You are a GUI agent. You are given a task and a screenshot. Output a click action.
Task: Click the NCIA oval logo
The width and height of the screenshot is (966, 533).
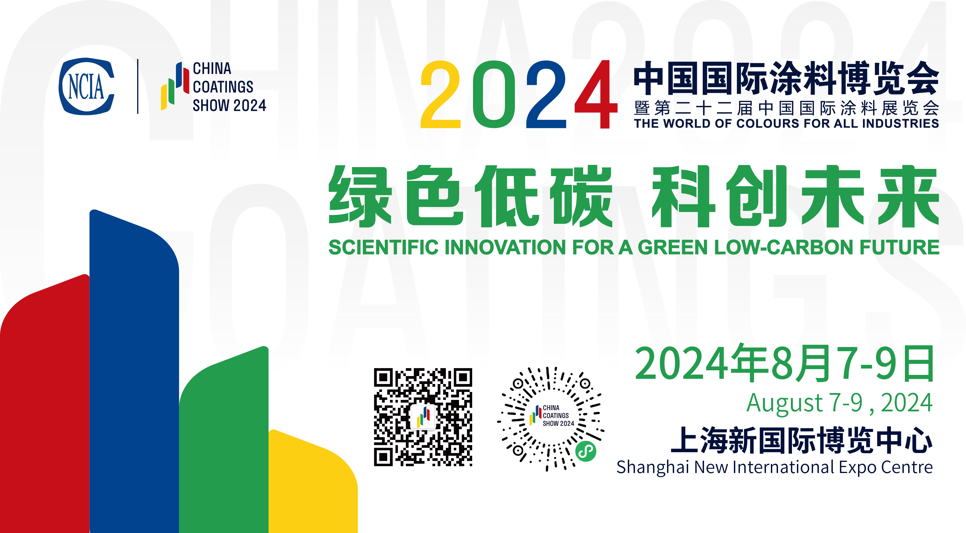pos(86,86)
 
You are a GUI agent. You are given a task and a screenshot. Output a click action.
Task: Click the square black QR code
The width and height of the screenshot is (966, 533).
pos(423,417)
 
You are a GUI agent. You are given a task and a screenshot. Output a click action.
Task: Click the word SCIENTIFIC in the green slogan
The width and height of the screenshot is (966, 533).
pos(384,247)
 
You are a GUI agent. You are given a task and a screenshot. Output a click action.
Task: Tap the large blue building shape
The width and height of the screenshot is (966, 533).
pos(134,371)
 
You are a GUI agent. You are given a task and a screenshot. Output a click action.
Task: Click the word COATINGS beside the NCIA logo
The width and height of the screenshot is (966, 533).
pos(223,87)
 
